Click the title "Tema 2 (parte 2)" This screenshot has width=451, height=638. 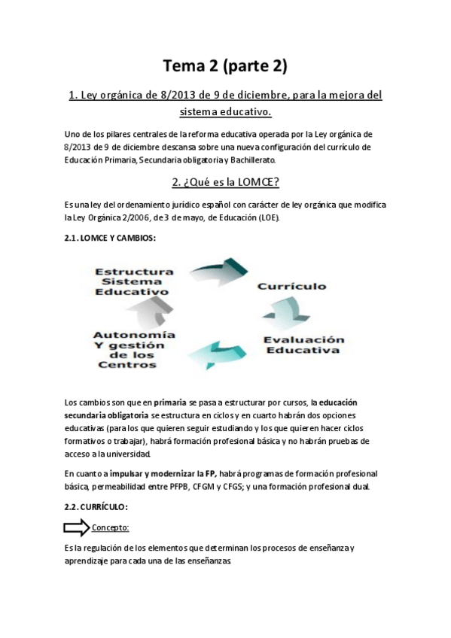[x=225, y=67]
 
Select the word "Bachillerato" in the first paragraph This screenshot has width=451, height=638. [x=254, y=160]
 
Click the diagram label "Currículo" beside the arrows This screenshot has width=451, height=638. [x=291, y=287]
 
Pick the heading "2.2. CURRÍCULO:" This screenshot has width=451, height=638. [x=97, y=506]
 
